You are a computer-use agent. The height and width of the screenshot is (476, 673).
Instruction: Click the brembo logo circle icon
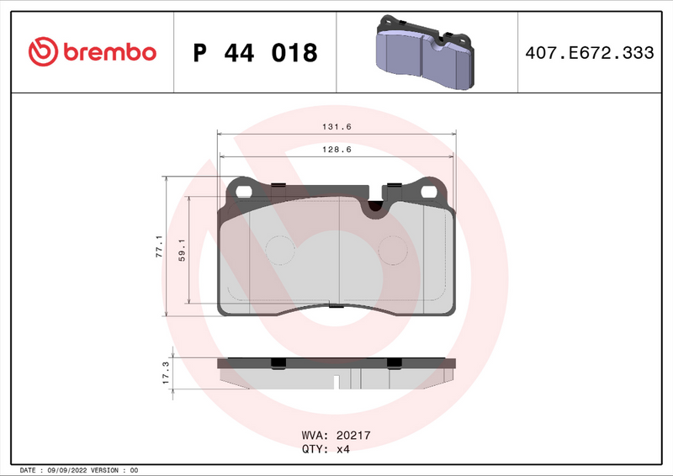point(42,52)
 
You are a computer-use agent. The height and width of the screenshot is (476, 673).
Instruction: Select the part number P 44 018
point(255,53)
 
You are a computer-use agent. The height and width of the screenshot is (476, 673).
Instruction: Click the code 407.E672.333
point(589,53)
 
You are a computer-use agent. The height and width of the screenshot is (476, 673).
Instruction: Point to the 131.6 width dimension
point(336,127)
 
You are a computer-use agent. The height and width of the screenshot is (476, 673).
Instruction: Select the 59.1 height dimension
point(182,250)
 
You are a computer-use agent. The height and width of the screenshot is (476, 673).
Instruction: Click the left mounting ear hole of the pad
point(244,191)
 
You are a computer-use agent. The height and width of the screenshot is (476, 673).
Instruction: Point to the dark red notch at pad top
point(376,204)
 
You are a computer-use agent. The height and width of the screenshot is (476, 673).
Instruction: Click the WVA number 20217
point(354,436)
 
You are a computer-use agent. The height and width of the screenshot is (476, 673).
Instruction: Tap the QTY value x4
point(343,449)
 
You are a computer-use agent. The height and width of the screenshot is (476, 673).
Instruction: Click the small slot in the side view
point(336,382)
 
